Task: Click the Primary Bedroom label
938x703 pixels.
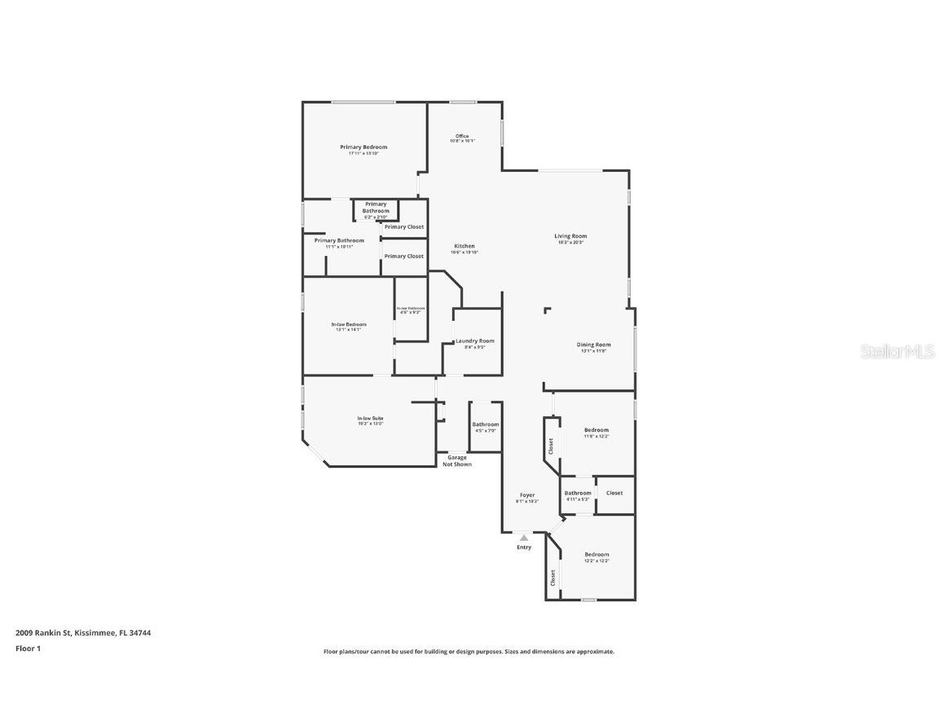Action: pos(363,147)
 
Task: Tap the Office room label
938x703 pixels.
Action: pos(462,137)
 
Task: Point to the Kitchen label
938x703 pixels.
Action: pos(465,247)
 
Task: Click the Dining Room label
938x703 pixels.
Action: pos(593,345)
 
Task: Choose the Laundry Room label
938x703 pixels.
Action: pos(474,342)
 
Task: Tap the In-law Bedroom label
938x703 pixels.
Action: pos(348,325)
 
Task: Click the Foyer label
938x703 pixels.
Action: pos(527,496)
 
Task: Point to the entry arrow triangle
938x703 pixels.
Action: pos(524,538)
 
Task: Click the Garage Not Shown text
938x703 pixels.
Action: pos(456,460)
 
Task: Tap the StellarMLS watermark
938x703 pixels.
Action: pos(897,352)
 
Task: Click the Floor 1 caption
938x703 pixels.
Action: pos(28,649)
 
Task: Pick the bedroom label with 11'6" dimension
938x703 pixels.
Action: pos(596,431)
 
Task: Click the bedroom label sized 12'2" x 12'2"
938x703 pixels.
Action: pos(596,556)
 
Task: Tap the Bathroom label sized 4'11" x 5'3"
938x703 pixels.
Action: pos(578,494)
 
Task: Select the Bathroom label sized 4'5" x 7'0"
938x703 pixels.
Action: pos(485,425)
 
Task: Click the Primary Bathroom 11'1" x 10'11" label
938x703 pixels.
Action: pos(339,241)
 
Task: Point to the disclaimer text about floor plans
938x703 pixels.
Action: pos(469,652)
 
